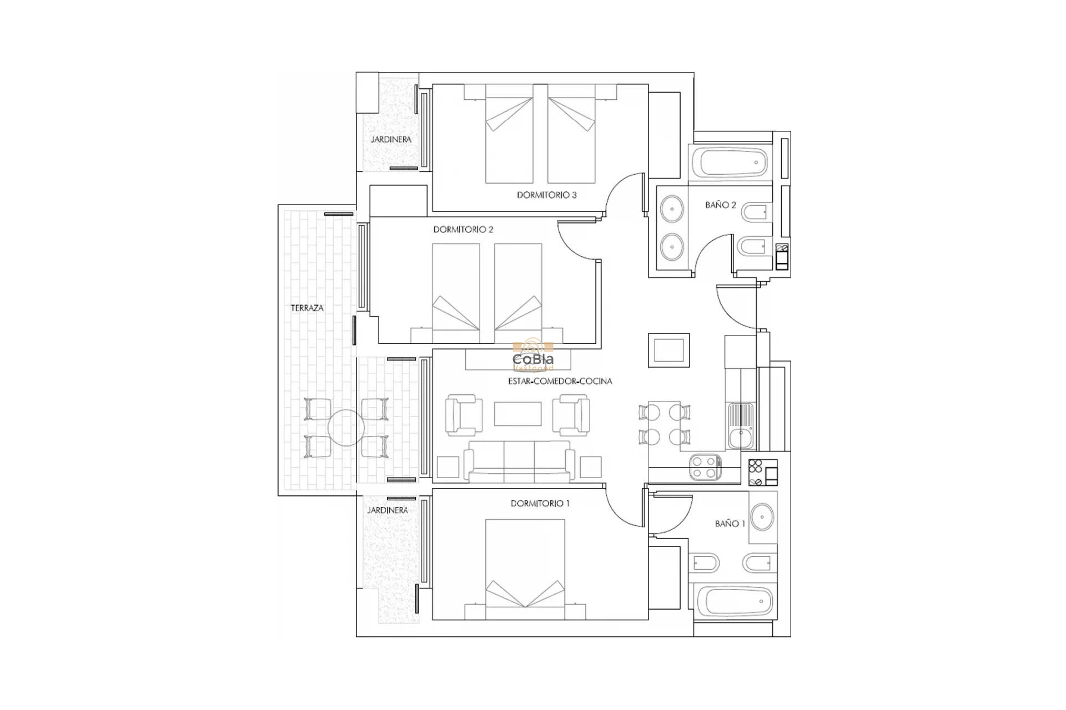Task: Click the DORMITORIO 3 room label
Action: pyautogui.click(x=546, y=195)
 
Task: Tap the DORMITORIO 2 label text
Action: pyautogui.click(x=463, y=229)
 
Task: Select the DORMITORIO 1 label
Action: pyautogui.click(x=540, y=503)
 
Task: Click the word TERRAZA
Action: pyautogui.click(x=307, y=308)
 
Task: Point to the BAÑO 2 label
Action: pyautogui.click(x=720, y=205)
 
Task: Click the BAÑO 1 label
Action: pyautogui.click(x=730, y=523)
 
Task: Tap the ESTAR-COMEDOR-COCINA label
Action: pyautogui.click(x=560, y=381)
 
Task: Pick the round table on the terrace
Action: pyautogui.click(x=346, y=428)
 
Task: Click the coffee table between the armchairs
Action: pyautogui.click(x=517, y=414)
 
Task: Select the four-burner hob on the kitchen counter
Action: pyautogui.click(x=705, y=466)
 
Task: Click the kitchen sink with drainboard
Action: pyautogui.click(x=740, y=426)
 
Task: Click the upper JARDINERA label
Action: pyautogui.click(x=391, y=139)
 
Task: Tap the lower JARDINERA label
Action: pyautogui.click(x=388, y=510)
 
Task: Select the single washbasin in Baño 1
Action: pyautogui.click(x=763, y=517)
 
